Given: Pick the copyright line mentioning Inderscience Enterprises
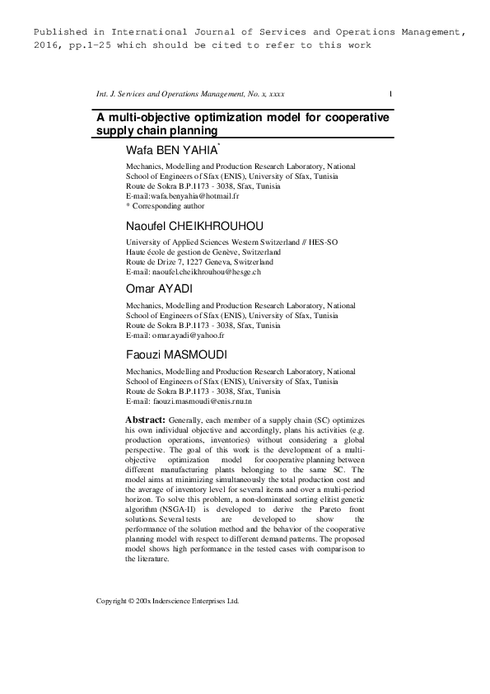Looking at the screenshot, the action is (168, 601).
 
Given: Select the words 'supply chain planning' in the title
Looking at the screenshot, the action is (156, 130).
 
